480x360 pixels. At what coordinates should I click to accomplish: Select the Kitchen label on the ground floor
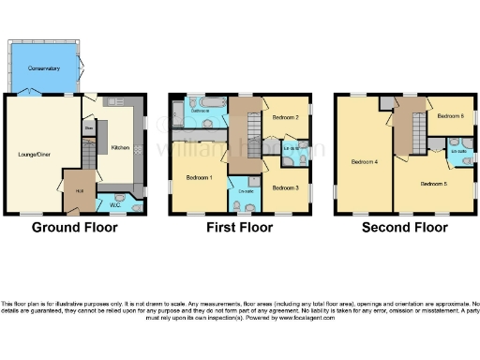(x=121, y=148)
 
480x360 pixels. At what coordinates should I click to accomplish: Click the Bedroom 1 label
(x=199, y=177)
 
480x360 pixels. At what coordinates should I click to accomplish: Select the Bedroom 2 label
(x=285, y=118)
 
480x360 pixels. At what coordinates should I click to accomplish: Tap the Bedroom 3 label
(x=285, y=188)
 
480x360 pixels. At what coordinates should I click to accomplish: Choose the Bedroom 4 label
(x=364, y=161)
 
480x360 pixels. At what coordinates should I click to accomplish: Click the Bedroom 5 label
(x=432, y=184)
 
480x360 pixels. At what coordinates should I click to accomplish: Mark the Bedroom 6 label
(x=450, y=115)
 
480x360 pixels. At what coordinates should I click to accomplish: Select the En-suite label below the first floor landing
(x=247, y=191)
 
